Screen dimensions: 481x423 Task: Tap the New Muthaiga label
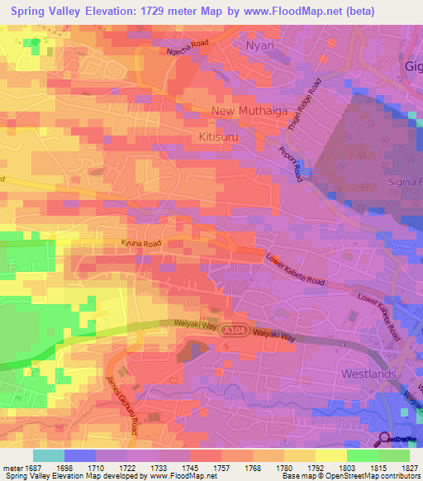point(246,111)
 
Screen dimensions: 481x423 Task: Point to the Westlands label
point(368,374)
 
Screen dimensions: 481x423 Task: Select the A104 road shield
point(235,328)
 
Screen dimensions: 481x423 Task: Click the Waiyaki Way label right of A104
point(274,334)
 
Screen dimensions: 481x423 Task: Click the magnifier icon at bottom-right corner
point(385,438)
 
